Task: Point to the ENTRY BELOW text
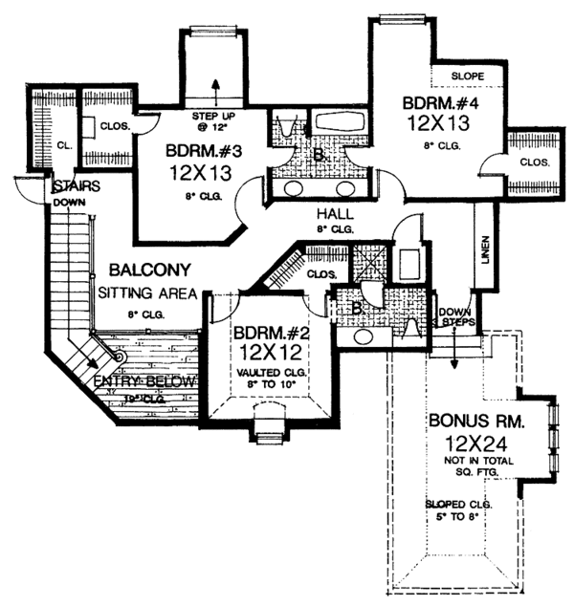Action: pyautogui.click(x=146, y=383)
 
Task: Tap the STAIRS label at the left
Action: pyautogui.click(x=72, y=185)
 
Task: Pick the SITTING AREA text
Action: pyautogui.click(x=145, y=292)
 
